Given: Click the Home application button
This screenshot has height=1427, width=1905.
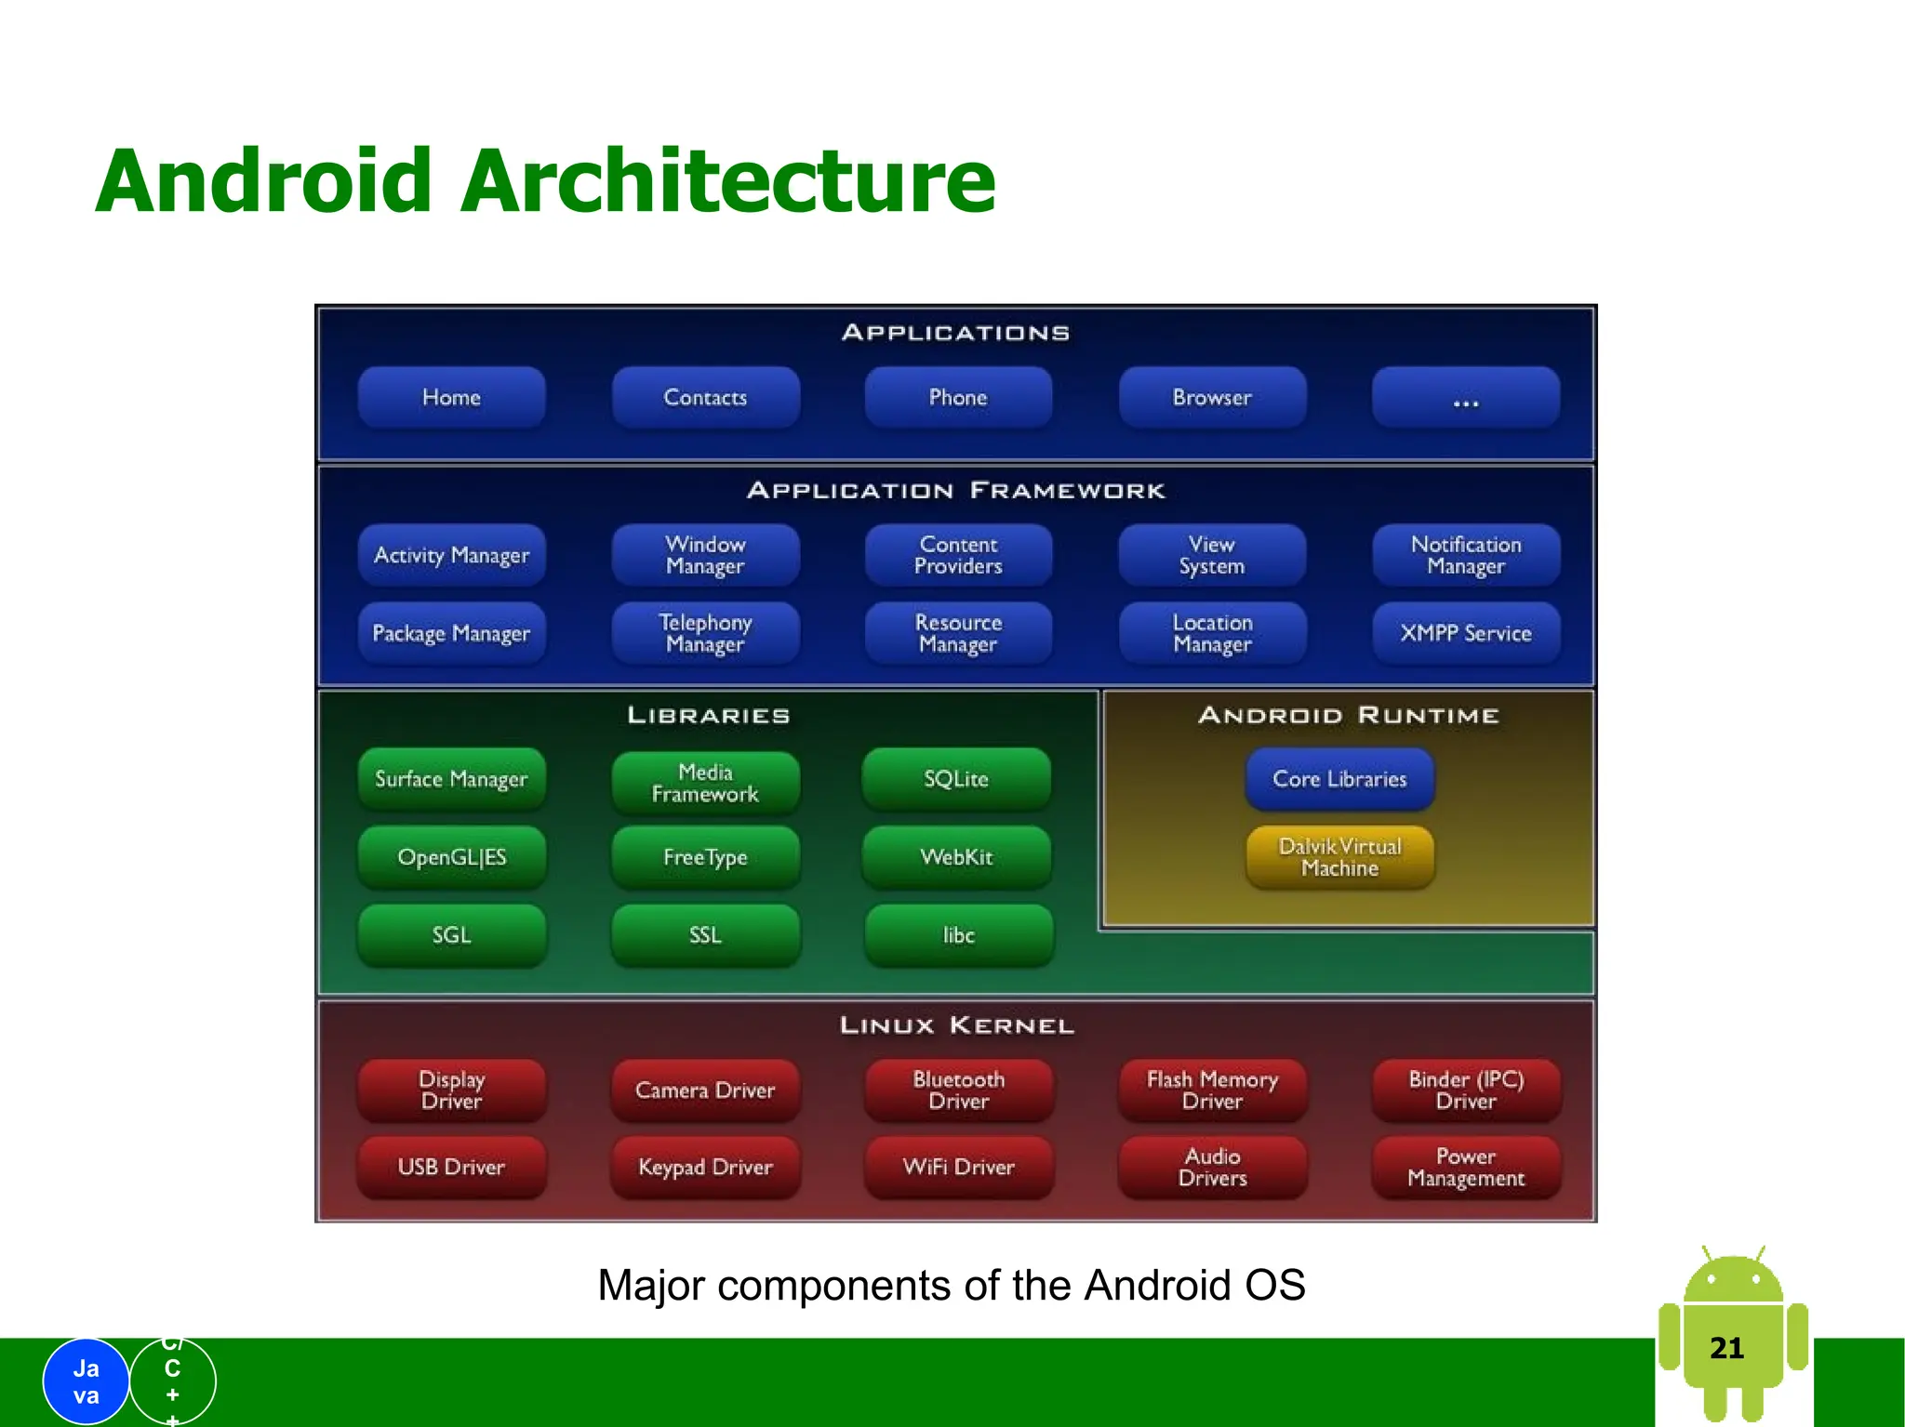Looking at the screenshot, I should pos(451,397).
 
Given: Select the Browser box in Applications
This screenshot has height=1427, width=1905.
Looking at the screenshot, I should pos(1212,397).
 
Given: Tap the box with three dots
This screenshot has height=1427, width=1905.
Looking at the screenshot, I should pos(1465,397).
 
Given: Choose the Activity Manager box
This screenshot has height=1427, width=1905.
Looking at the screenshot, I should pos(451,555).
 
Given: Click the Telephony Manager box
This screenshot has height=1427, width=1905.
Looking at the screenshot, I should pos(705,633).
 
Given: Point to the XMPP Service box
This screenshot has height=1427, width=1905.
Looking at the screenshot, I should pos(1466,633).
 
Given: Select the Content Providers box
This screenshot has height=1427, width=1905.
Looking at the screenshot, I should pos(958,555).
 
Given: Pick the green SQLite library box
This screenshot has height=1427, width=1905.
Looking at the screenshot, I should pos(956,779).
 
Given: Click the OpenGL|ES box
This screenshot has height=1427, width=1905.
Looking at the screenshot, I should pos(451,857).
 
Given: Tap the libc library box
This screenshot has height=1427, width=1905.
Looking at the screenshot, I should pos(958,935).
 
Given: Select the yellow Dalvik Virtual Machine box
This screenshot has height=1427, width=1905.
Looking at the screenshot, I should pos(1339,857).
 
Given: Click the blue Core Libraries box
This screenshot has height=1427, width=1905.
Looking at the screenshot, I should pos(1339,779).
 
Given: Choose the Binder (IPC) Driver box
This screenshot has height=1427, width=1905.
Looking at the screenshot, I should pos(1466,1090).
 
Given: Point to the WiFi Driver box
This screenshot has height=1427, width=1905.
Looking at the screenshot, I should pos(958,1167).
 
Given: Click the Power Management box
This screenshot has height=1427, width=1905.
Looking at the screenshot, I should pos(1466,1167).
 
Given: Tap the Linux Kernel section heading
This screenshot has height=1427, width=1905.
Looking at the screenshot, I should pos(956,1025).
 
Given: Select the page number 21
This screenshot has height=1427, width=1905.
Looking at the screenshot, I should pos(1726,1348).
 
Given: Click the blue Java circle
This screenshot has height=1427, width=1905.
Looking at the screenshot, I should pos(86,1381).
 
